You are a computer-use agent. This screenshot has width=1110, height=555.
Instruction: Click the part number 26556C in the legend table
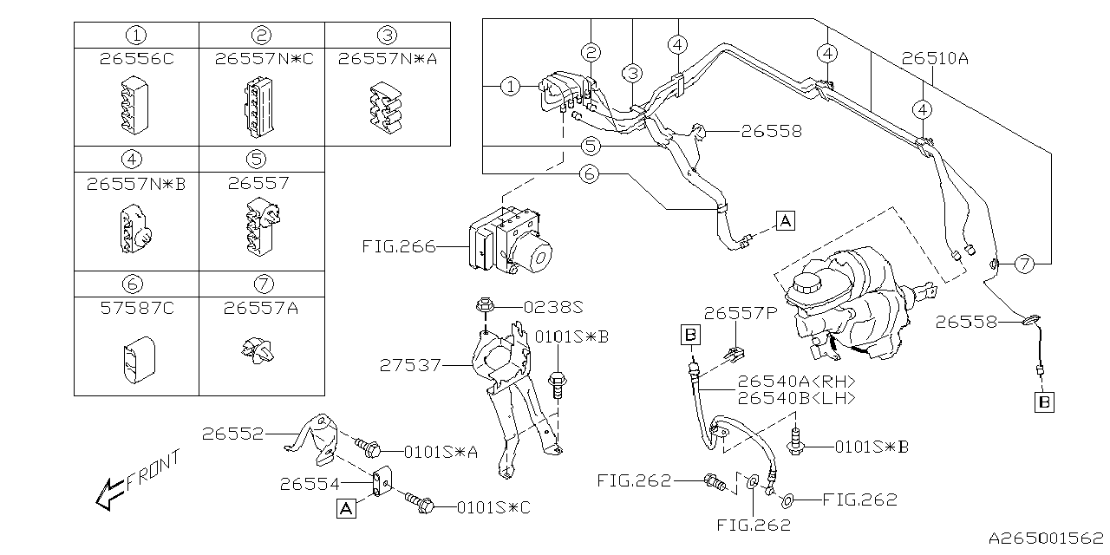coord(136,59)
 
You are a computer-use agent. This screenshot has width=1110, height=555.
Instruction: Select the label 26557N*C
coord(261,59)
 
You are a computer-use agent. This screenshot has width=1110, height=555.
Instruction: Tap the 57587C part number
coord(136,308)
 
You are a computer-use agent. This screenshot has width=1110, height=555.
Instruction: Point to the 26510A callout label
coord(934,59)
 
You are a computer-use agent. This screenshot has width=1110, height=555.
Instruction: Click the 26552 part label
coord(232,433)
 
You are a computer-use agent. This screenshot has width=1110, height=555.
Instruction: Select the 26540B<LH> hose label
coord(797,398)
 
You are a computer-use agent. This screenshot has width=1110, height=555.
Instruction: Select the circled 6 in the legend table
coord(136,284)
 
